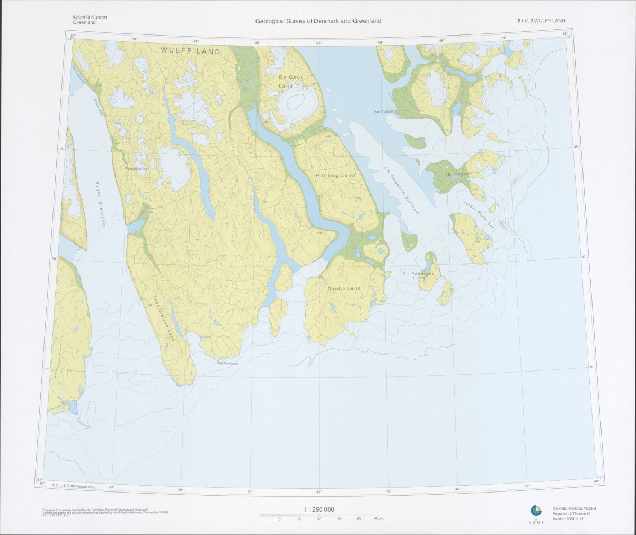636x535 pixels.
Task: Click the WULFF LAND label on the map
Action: click(187, 50)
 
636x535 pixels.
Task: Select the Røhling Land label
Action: click(335, 175)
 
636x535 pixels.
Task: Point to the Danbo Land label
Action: click(344, 288)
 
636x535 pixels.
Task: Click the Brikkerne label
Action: click(458, 174)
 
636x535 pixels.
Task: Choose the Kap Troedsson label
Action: click(227, 363)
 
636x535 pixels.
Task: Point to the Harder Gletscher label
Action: click(478, 214)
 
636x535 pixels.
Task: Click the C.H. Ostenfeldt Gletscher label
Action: click(402, 189)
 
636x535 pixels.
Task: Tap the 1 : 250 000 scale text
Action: click(319, 510)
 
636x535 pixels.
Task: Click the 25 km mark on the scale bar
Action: click(378, 519)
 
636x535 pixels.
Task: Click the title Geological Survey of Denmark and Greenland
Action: click(318, 21)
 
